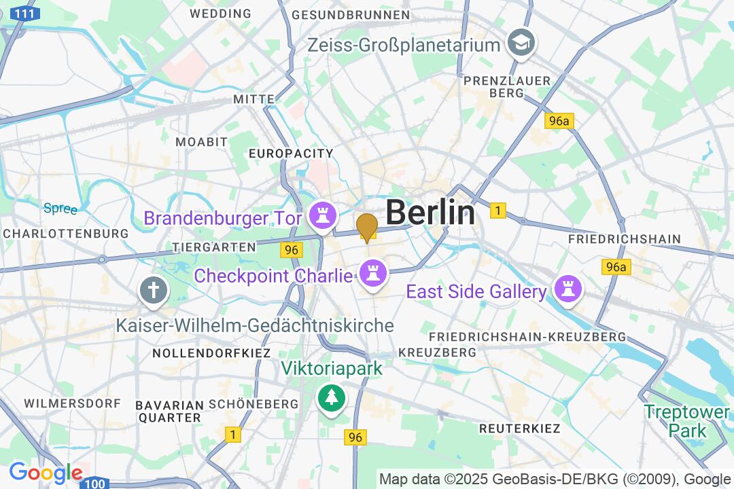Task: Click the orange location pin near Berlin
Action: click(367, 227)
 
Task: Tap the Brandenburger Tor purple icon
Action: click(323, 217)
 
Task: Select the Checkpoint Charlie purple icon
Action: click(373, 275)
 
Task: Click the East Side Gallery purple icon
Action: click(567, 291)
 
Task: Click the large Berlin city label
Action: click(430, 213)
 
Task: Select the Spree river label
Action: click(60, 209)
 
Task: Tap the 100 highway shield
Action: click(96, 483)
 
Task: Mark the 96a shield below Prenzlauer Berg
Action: click(559, 121)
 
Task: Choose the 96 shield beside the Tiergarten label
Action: click(292, 250)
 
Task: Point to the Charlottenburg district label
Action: click(65, 234)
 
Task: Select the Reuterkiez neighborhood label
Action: click(519, 429)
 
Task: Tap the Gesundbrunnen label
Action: click(350, 14)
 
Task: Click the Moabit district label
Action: click(201, 142)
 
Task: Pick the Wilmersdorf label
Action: click(72, 403)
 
